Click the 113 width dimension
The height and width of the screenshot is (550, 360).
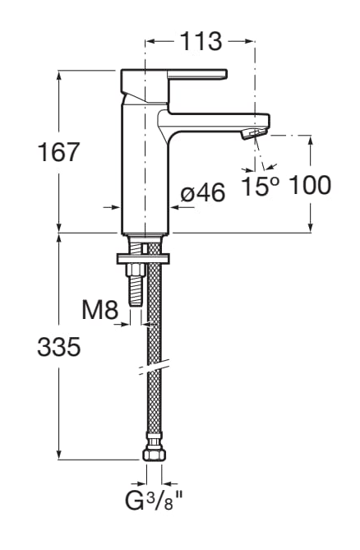click(201, 41)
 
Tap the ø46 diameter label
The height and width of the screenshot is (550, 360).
click(203, 194)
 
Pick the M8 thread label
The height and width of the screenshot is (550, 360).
click(99, 311)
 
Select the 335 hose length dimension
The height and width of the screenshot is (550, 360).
click(58, 348)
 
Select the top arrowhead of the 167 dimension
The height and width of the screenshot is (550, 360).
click(58, 75)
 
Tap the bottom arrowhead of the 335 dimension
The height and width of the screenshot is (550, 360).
click(58, 455)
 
